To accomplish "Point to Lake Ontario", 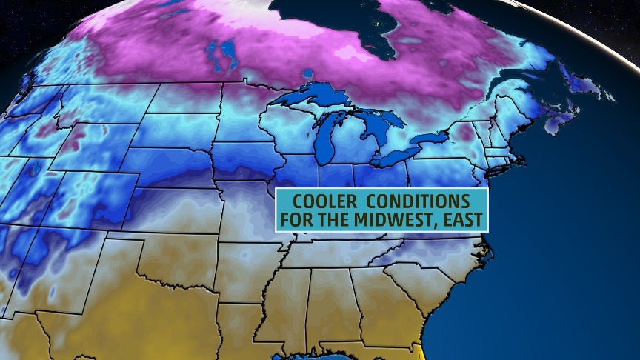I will click(x=433, y=139).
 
